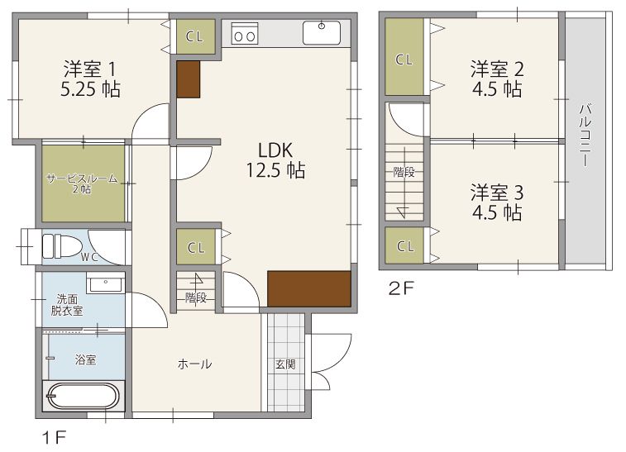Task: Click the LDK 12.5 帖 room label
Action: coord(275,160)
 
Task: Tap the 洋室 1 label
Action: coord(90,69)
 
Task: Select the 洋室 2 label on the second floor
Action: coord(497,69)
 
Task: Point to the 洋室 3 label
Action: coord(497,193)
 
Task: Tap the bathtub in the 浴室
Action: coord(82,397)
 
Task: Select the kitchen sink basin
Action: coord(322,33)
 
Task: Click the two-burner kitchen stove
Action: coord(245,33)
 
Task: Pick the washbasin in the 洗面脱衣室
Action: coord(105,284)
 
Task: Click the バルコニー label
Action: coord(585,135)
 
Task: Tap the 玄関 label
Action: coord(285,364)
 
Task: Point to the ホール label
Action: coord(194,364)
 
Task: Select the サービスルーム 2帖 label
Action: coord(82,183)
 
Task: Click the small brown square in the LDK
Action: coord(188,79)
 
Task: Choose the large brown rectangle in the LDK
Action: coord(309,289)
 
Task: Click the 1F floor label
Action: coord(54,438)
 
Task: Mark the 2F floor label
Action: coord(402,288)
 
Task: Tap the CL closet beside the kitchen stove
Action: coord(195,36)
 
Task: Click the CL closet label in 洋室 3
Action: coord(405,246)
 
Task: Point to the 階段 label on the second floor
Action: coord(404,173)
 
